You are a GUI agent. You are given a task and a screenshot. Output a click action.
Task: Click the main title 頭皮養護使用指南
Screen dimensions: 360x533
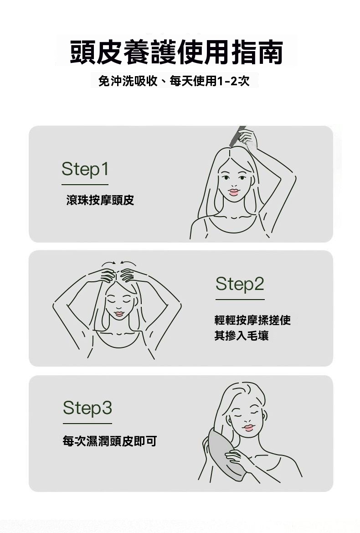click(x=176, y=52)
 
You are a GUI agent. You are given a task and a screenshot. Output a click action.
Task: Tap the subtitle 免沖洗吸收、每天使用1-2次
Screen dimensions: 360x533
click(x=174, y=81)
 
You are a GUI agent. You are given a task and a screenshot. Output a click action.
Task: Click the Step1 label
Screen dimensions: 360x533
click(x=85, y=169)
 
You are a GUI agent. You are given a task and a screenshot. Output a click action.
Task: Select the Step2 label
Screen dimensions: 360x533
click(x=240, y=284)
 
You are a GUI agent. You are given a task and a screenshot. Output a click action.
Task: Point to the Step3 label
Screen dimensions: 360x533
click(x=87, y=408)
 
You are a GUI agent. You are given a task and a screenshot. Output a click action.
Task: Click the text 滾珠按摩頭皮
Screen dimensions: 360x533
click(x=100, y=200)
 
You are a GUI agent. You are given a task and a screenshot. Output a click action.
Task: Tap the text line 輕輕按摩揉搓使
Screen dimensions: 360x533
click(x=252, y=320)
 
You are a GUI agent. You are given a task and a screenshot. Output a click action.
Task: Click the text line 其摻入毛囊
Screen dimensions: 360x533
click(x=242, y=336)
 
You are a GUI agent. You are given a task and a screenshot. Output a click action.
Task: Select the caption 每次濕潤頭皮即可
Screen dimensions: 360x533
click(x=110, y=441)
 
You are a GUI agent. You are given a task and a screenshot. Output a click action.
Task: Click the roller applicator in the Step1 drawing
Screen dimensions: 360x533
click(x=237, y=135)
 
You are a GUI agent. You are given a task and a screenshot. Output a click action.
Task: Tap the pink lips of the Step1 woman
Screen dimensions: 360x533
click(x=234, y=192)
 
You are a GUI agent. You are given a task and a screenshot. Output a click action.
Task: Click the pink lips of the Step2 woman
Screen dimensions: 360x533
click(x=119, y=314)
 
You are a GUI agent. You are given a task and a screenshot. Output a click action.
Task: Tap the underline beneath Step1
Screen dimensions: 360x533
click(x=85, y=185)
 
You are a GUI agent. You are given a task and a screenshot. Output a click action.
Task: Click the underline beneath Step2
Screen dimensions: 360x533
click(x=240, y=300)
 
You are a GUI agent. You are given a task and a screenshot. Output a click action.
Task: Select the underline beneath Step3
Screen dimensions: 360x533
click(x=87, y=424)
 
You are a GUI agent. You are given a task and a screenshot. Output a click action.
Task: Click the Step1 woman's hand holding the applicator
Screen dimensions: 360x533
click(x=248, y=138)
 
